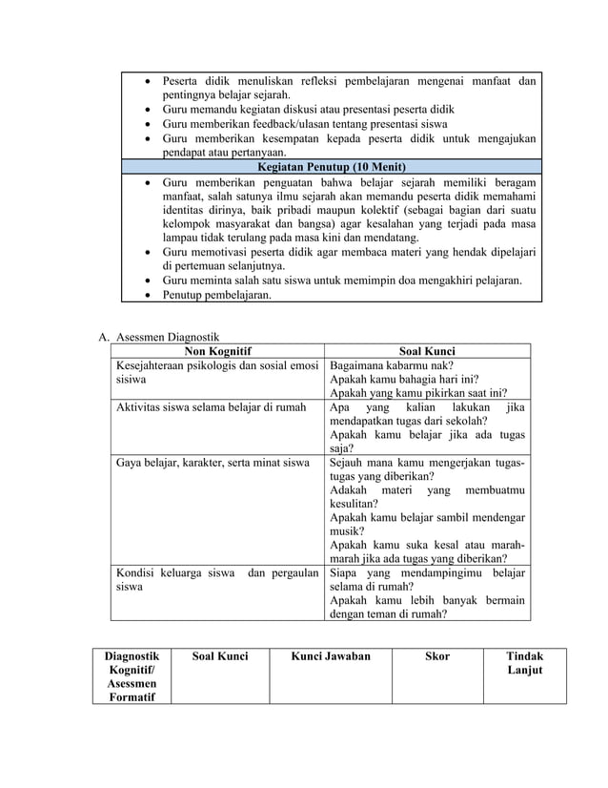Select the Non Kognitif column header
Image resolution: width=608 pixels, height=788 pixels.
point(217,350)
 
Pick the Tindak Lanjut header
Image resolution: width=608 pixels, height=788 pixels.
point(525,663)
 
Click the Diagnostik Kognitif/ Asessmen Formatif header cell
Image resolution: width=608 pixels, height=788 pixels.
point(132,676)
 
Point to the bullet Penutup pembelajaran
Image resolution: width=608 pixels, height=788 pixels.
point(216,295)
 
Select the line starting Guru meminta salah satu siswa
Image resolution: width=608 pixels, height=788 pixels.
point(341,280)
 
